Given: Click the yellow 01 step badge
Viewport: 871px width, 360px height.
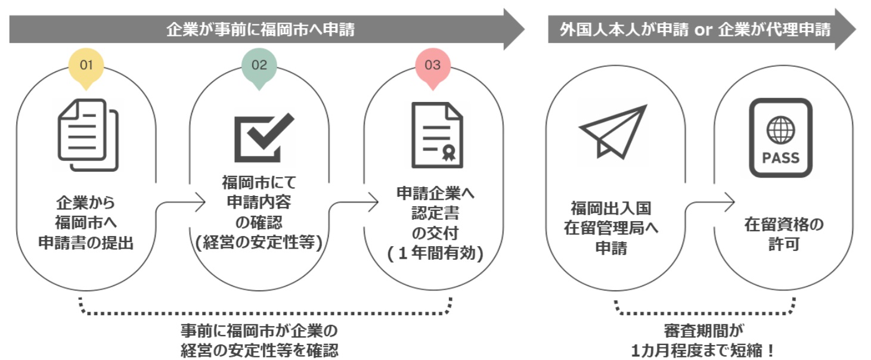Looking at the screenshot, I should pos(86,65).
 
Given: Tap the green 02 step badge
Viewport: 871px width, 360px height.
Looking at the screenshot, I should pos(259,65).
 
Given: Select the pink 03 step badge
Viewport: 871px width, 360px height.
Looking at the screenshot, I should pos(432,65).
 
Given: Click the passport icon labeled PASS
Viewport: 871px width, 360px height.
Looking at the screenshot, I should pos(780,138).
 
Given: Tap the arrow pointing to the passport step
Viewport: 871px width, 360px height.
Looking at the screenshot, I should pos(709,203).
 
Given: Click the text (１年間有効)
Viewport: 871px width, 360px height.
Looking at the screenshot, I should pos(434,253).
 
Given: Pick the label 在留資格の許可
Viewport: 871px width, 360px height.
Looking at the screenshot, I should pos(783,234).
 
